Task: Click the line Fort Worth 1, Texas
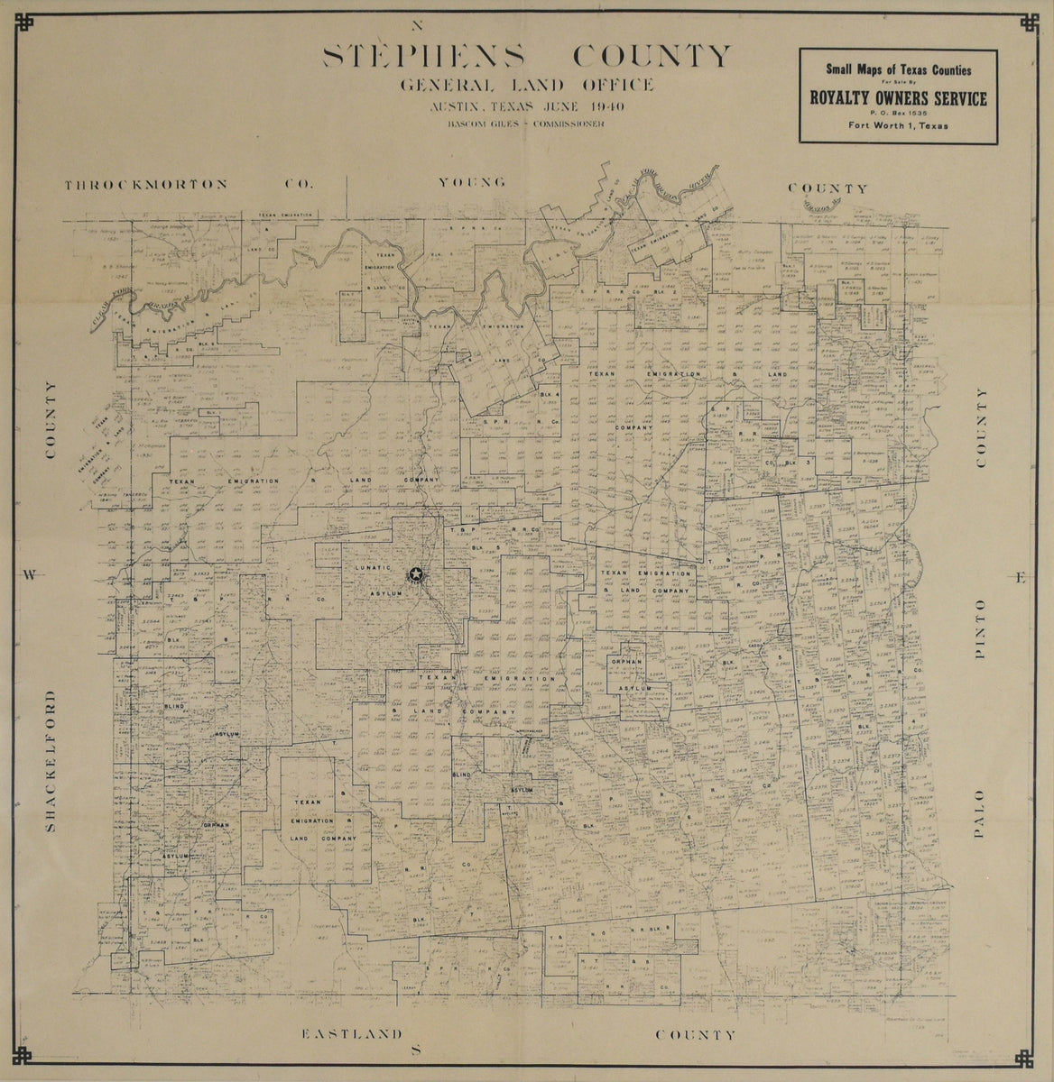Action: click(x=897, y=126)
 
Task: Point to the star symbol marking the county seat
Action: click(x=416, y=573)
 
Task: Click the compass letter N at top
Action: click(x=416, y=24)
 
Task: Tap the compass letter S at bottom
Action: click(x=416, y=1049)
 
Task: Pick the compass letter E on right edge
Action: click(x=1021, y=578)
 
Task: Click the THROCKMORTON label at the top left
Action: click(x=144, y=184)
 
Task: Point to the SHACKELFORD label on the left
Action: click(x=51, y=762)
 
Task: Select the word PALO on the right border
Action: click(x=982, y=814)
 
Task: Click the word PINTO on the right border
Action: click(x=982, y=627)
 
